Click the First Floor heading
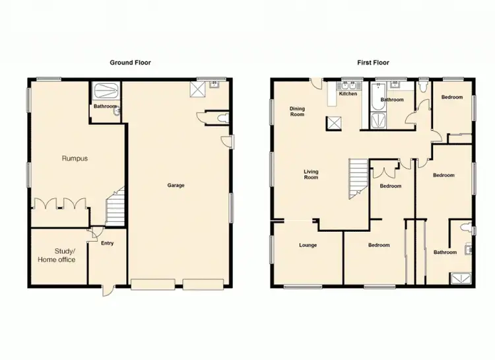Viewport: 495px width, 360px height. (x=374, y=63)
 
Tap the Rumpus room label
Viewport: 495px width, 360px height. (x=75, y=159)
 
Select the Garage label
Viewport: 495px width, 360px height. (x=176, y=185)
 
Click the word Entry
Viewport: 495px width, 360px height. (x=107, y=243)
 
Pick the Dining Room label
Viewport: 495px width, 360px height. (x=297, y=112)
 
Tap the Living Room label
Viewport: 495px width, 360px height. (x=311, y=175)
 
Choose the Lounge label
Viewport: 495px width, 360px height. (x=308, y=245)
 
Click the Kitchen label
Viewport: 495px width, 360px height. (x=348, y=94)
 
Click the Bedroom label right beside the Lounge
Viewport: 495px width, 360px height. (x=379, y=245)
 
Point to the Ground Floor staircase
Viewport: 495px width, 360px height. (x=116, y=205)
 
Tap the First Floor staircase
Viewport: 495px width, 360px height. (x=358, y=177)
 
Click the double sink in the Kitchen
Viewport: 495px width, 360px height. (x=348, y=85)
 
